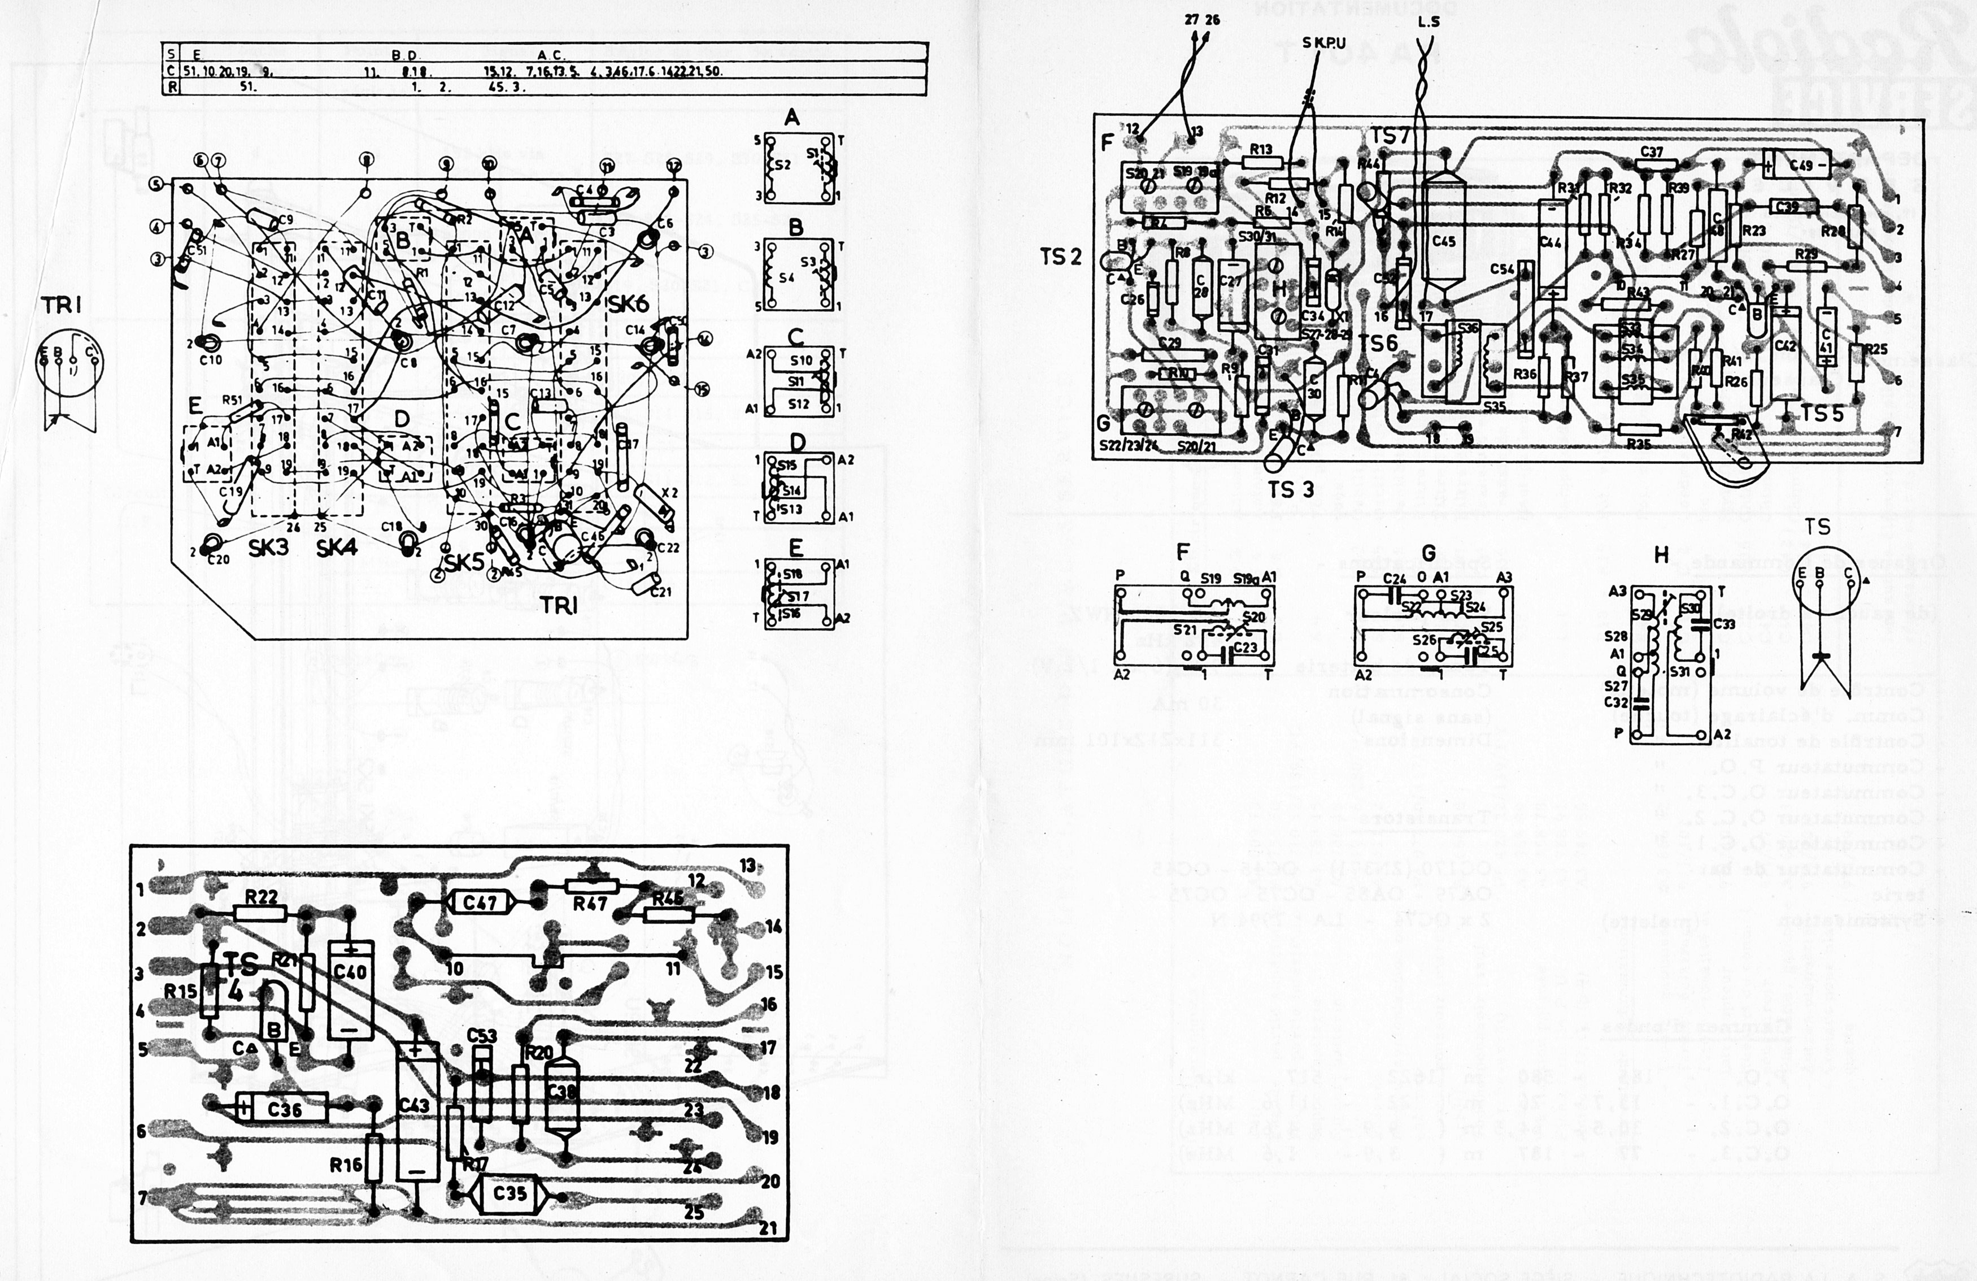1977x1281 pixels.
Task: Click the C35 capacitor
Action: pos(509,1194)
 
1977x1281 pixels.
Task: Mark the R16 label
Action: pos(346,1165)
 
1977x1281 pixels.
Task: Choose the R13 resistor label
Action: pos(1260,150)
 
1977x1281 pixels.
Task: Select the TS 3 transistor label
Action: pos(1290,490)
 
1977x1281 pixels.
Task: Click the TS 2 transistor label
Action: pos(1061,258)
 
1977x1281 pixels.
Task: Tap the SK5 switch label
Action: pos(463,562)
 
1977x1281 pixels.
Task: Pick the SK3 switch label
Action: pos(268,548)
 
